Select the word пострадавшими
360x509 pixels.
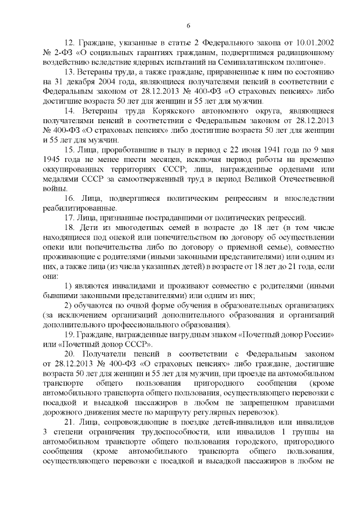tap(172, 218)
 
